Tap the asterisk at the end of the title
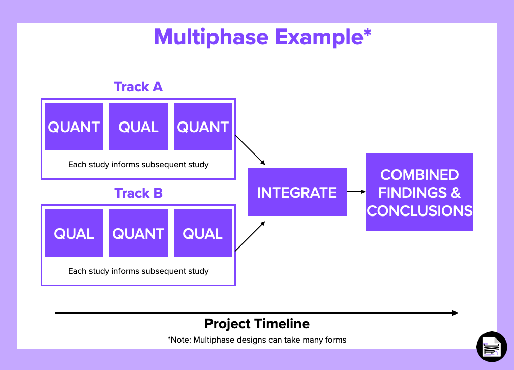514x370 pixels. tap(367, 34)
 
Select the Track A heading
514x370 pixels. tap(138, 87)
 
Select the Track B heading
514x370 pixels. tap(138, 193)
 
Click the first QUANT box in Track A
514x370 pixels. tap(74, 127)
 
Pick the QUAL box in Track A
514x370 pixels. tap(138, 127)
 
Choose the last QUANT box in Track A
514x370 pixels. tap(203, 127)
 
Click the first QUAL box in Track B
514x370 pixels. tap(74, 233)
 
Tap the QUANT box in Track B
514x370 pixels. tap(138, 233)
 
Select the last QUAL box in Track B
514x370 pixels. tap(203, 233)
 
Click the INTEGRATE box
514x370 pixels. tap(297, 192)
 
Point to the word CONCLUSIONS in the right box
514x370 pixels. tap(419, 211)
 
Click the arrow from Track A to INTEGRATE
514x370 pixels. tap(250, 150)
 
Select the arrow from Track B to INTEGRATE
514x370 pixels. tap(250, 236)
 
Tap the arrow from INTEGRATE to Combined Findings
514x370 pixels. tap(356, 192)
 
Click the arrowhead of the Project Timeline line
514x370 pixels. tap(455, 313)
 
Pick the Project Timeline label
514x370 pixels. tap(257, 324)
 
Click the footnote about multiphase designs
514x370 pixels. tap(257, 340)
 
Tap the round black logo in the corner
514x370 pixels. tap(492, 347)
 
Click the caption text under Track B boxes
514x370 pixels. tap(138, 271)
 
